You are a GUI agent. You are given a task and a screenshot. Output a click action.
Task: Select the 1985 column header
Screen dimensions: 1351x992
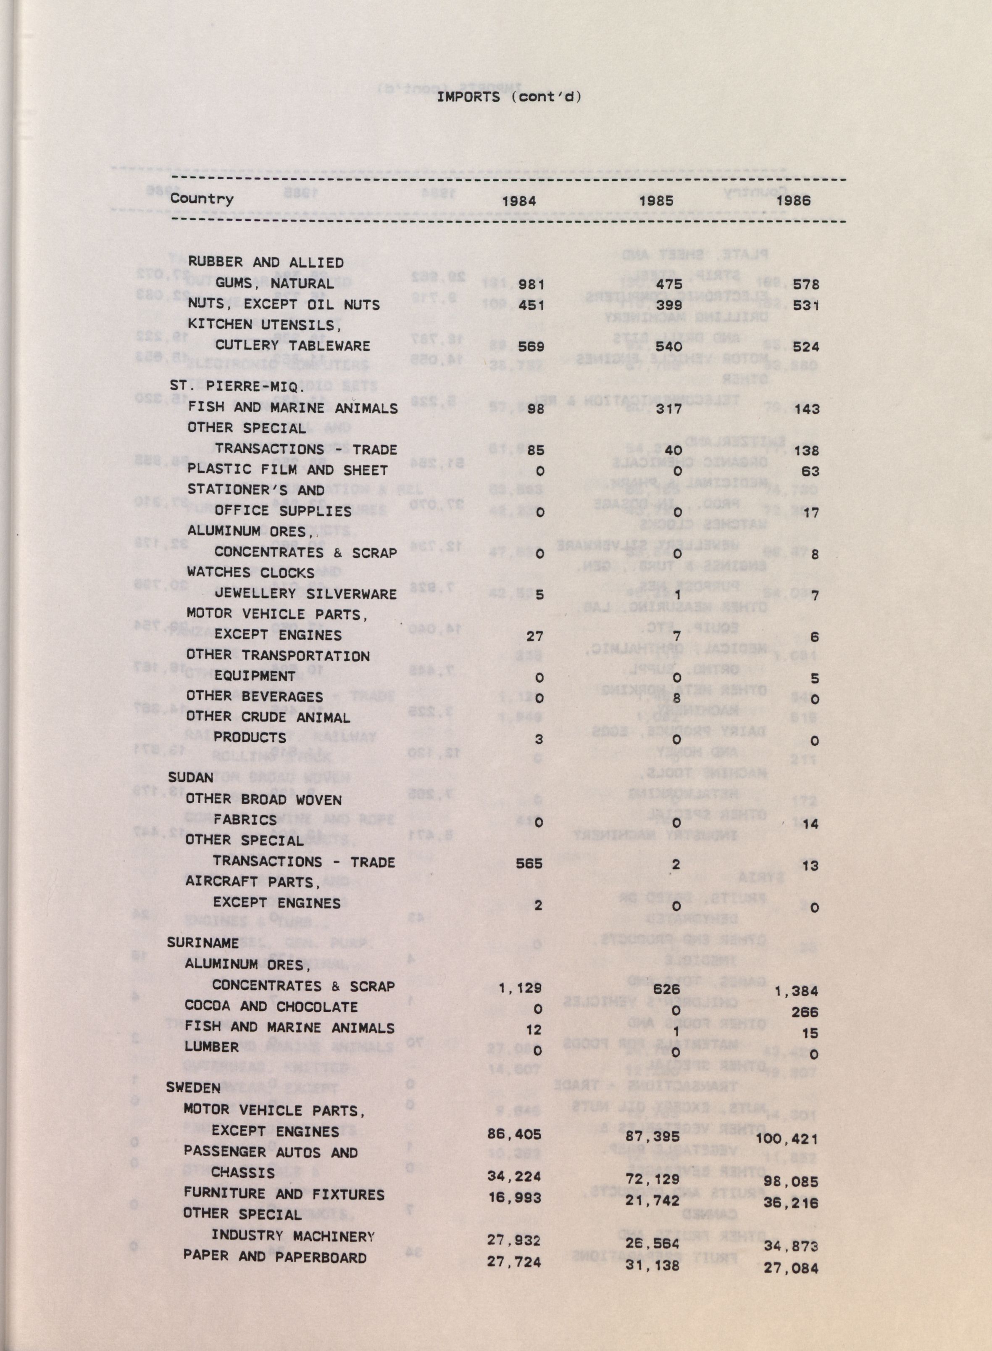click(x=656, y=201)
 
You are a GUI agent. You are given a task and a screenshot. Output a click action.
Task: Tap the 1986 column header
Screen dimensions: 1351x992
click(x=793, y=201)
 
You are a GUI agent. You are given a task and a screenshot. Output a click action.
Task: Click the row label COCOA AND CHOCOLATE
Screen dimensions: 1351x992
click(x=271, y=1006)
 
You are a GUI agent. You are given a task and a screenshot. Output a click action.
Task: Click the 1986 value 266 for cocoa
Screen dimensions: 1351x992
click(x=805, y=1012)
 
